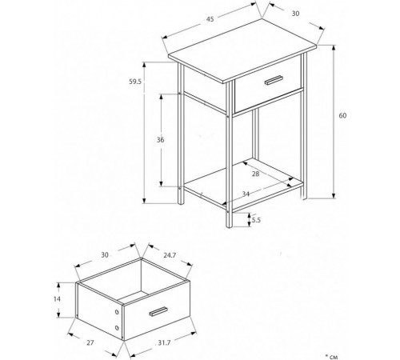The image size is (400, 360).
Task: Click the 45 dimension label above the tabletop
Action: (x=210, y=19)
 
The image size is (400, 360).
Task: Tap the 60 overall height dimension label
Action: (x=342, y=116)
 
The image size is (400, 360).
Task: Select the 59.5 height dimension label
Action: (x=135, y=82)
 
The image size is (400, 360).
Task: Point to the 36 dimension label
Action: (x=160, y=140)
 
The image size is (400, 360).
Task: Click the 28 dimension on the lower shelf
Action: (x=255, y=174)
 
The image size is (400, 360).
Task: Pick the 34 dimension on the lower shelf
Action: (x=246, y=194)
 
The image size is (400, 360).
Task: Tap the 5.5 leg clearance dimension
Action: (x=256, y=220)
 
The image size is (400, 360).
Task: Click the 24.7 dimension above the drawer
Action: (x=170, y=255)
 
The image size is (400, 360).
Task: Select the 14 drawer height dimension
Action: (x=57, y=299)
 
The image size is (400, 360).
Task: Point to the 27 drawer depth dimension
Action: (x=90, y=342)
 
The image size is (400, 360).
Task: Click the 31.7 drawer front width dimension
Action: (x=164, y=343)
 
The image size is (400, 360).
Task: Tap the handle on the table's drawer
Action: (x=274, y=80)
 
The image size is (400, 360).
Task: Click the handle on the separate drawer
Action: (x=158, y=312)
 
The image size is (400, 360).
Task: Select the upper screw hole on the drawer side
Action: (x=117, y=312)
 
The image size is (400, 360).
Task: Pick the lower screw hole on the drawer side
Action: (x=117, y=328)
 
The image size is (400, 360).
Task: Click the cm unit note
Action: (x=331, y=356)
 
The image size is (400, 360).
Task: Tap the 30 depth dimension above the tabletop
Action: (x=295, y=14)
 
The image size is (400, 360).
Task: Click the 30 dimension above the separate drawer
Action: (x=105, y=255)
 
